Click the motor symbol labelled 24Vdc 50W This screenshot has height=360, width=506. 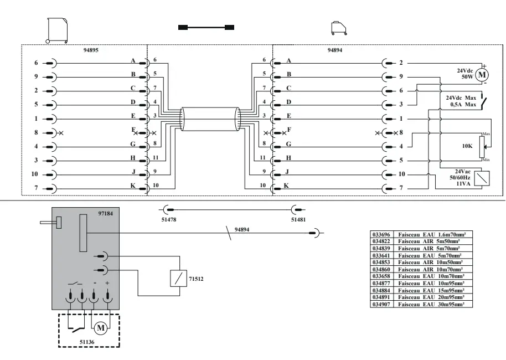(482, 74)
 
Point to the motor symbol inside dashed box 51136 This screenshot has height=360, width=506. (101, 328)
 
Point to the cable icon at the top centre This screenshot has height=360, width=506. (206, 27)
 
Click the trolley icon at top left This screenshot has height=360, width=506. (58, 28)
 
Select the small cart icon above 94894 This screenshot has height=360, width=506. (337, 27)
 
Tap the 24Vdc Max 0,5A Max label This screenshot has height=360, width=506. (461, 100)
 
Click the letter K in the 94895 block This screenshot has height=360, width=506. (133, 185)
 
